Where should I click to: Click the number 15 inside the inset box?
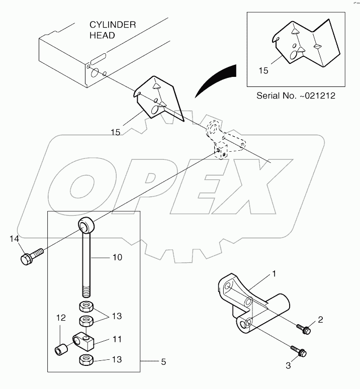pyautogui.click(x=263, y=71)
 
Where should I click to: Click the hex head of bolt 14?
pyautogui.click(x=27, y=259)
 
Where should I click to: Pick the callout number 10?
pyautogui.click(x=116, y=257)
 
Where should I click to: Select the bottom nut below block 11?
pyautogui.click(x=85, y=360)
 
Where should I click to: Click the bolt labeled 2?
pyautogui.click(x=305, y=330)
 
